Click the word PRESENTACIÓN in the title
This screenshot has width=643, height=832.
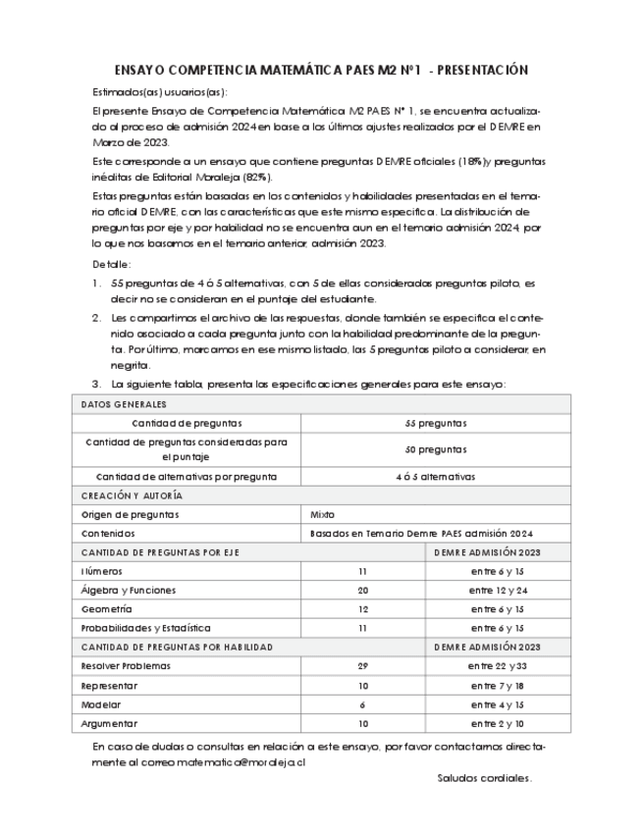(480, 70)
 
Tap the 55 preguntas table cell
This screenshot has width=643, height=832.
(435, 423)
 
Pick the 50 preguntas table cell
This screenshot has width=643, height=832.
(435, 449)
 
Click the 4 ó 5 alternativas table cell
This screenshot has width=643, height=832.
(435, 476)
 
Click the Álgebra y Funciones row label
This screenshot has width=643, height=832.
(129, 590)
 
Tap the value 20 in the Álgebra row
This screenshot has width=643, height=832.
(362, 590)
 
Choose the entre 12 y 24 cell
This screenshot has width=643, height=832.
(499, 590)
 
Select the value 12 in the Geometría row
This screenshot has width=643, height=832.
(362, 608)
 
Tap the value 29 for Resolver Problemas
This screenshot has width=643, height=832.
(362, 665)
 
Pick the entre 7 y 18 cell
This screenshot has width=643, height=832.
(498, 685)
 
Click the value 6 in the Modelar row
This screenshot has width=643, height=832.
(362, 704)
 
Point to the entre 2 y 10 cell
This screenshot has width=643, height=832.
(498, 723)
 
